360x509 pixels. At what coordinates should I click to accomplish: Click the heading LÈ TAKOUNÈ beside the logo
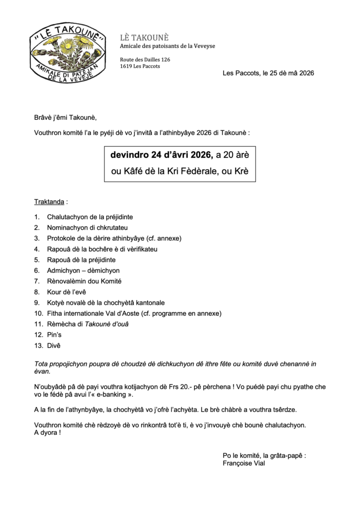click(x=145, y=38)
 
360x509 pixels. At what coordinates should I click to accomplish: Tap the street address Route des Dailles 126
click(x=145, y=60)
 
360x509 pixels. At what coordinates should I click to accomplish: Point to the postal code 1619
click(x=126, y=66)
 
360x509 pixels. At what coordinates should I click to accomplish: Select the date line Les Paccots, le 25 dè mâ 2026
click(x=268, y=73)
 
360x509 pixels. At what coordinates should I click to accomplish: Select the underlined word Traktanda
click(x=49, y=202)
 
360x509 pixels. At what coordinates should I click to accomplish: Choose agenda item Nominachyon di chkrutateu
click(x=85, y=228)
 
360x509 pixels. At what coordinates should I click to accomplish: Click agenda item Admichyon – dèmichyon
click(x=83, y=270)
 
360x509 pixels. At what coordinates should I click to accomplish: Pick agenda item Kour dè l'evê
click(x=67, y=292)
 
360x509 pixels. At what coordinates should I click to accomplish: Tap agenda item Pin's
click(x=54, y=335)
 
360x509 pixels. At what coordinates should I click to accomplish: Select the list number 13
click(x=38, y=345)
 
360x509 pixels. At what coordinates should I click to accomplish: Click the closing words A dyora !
click(x=48, y=432)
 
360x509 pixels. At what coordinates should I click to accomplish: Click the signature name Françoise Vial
click(x=244, y=463)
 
